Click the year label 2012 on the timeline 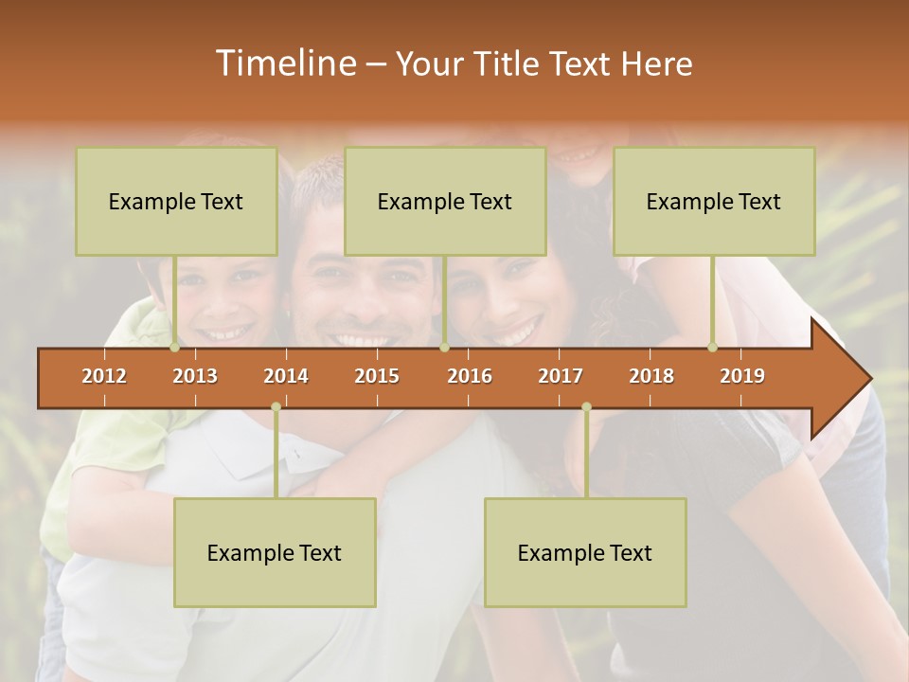click(x=104, y=376)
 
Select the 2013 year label click(x=195, y=376)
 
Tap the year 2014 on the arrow click(x=286, y=376)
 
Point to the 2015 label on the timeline click(x=377, y=376)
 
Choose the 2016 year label click(x=470, y=376)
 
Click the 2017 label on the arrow click(x=561, y=376)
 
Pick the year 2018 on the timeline click(x=651, y=376)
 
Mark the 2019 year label click(x=742, y=376)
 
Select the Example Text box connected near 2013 click(x=176, y=201)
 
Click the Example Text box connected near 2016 click(x=445, y=201)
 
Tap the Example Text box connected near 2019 click(x=714, y=201)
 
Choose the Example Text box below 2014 click(x=275, y=552)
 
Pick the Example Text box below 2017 click(x=585, y=552)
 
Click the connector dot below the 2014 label click(x=276, y=407)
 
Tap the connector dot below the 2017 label click(x=586, y=407)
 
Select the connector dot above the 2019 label click(x=713, y=348)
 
